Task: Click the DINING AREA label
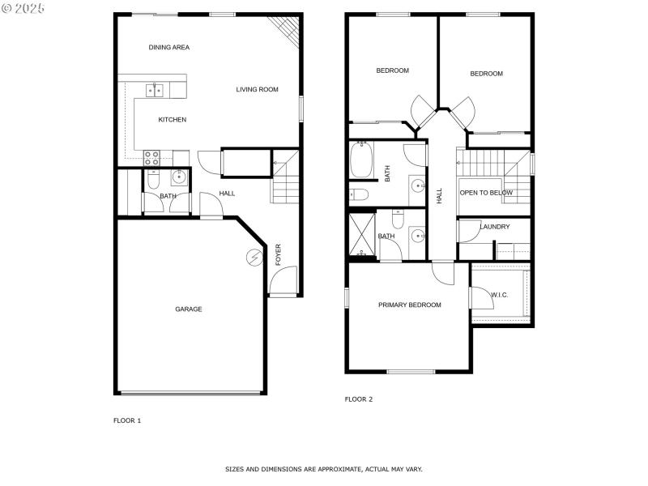coord(169,48)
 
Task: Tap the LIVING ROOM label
coord(257,89)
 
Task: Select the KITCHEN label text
coord(173,120)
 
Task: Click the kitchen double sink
coord(154,90)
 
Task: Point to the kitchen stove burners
coord(151,158)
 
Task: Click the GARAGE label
coord(189,309)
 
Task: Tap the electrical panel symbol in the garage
coord(254,258)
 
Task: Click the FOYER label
coord(278,254)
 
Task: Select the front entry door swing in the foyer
coord(283,279)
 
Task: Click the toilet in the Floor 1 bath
coord(153,179)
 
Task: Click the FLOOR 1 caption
coord(127,420)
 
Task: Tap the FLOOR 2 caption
coord(359,399)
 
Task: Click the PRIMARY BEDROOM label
coord(410,305)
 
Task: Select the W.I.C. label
coord(499,295)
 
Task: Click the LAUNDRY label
coord(495,227)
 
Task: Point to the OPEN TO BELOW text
coord(486,193)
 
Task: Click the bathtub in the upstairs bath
coord(361,160)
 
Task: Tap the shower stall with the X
coord(362,234)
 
